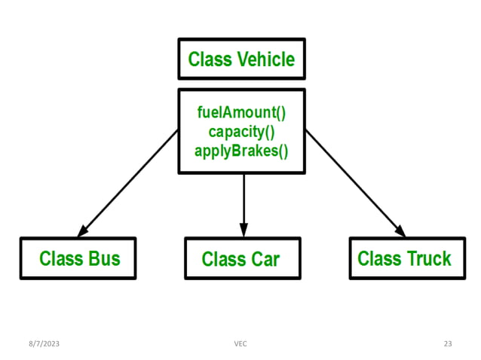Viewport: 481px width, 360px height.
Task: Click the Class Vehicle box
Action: point(241,59)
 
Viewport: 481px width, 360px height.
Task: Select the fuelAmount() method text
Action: point(241,114)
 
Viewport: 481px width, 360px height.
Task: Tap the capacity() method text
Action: point(241,132)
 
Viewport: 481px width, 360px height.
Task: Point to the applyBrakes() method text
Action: point(241,150)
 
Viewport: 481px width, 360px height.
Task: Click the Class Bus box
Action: point(78,258)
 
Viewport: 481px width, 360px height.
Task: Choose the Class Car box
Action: point(241,258)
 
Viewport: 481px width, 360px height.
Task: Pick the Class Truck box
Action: point(404,258)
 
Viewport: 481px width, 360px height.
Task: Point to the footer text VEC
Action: point(240,343)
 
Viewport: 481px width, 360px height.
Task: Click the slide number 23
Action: point(448,343)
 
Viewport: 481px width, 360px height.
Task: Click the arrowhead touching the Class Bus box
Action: point(83,230)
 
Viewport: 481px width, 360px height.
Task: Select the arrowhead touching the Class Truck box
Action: point(400,230)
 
